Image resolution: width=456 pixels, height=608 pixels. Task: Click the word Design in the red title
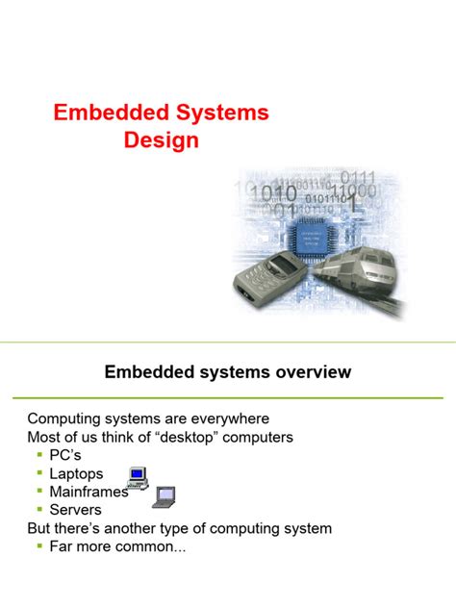[161, 140]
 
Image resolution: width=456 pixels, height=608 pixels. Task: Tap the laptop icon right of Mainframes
[164, 496]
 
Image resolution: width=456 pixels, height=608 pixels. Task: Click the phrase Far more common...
[107, 545]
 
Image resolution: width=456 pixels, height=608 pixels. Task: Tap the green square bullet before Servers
[39, 510]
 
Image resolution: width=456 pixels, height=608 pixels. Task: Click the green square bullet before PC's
[39, 456]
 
